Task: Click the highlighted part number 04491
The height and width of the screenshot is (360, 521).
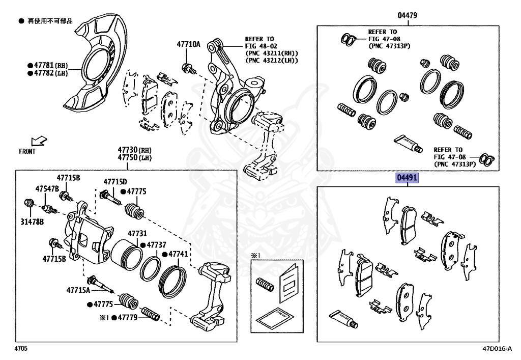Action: [408, 178]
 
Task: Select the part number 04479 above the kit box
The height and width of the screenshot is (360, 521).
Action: [408, 15]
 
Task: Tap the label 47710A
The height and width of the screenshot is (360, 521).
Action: [189, 44]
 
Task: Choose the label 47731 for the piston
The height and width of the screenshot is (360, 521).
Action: [137, 233]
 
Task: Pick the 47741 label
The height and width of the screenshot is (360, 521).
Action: [178, 254]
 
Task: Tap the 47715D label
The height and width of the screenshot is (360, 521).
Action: [115, 181]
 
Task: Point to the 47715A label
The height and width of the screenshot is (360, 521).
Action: [78, 290]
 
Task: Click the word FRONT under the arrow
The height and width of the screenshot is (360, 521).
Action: [27, 151]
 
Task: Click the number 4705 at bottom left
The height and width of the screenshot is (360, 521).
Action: [20, 349]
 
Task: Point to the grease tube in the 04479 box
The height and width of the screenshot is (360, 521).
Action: [408, 143]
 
